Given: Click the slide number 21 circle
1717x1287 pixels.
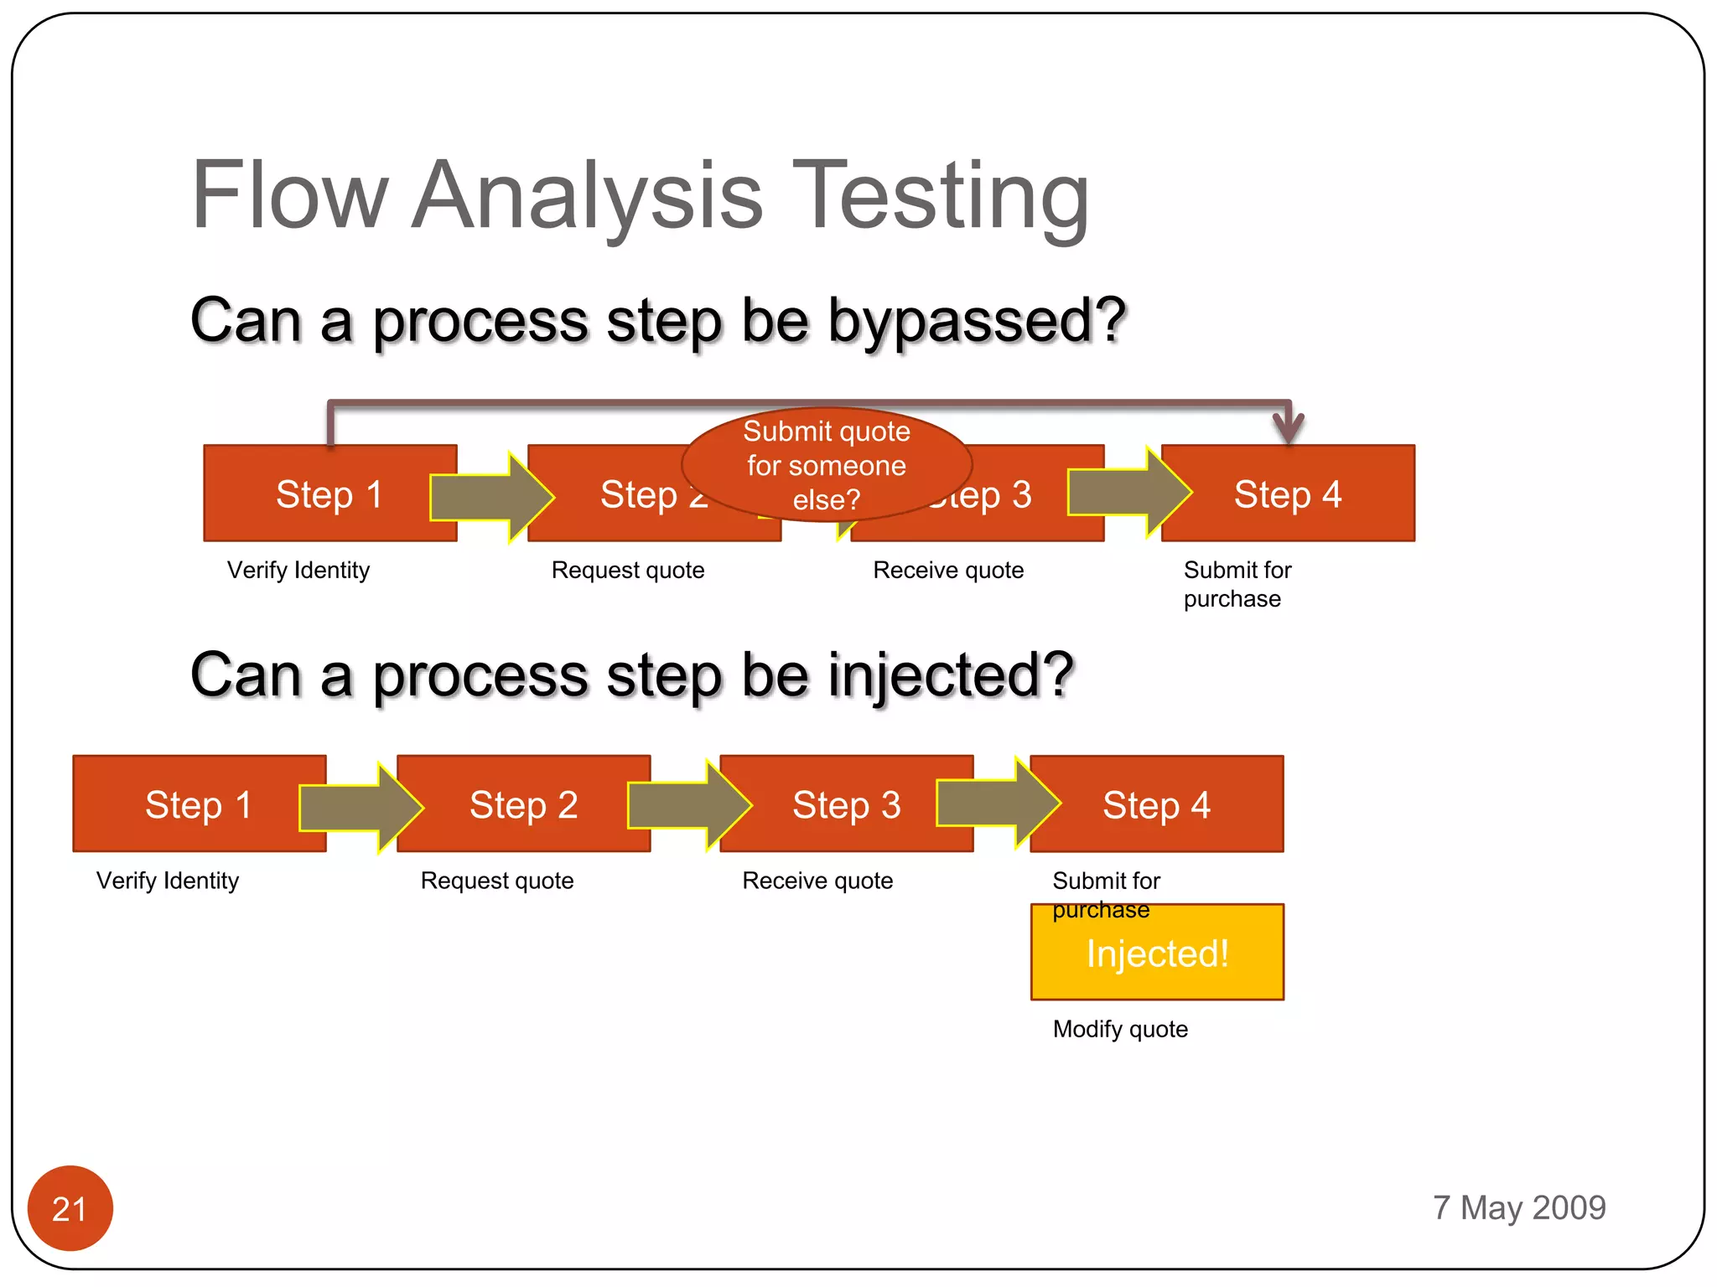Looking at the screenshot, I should (70, 1207).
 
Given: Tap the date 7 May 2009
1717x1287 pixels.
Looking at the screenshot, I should (1518, 1207).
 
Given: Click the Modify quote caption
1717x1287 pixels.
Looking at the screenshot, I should (1120, 1029).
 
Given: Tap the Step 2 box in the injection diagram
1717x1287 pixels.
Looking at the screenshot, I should (523, 804).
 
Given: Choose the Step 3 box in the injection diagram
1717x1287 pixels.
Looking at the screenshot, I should (845, 804).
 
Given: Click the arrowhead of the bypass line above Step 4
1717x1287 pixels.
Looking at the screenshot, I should (1288, 427).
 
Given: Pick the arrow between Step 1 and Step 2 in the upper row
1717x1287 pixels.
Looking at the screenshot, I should (490, 497).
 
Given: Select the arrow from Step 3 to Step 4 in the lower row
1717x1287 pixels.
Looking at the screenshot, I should (998, 803).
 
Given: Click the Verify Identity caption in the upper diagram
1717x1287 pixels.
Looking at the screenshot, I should (298, 570).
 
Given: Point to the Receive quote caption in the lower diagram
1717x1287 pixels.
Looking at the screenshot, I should (817, 881).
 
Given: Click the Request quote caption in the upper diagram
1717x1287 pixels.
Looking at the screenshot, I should (628, 570).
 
